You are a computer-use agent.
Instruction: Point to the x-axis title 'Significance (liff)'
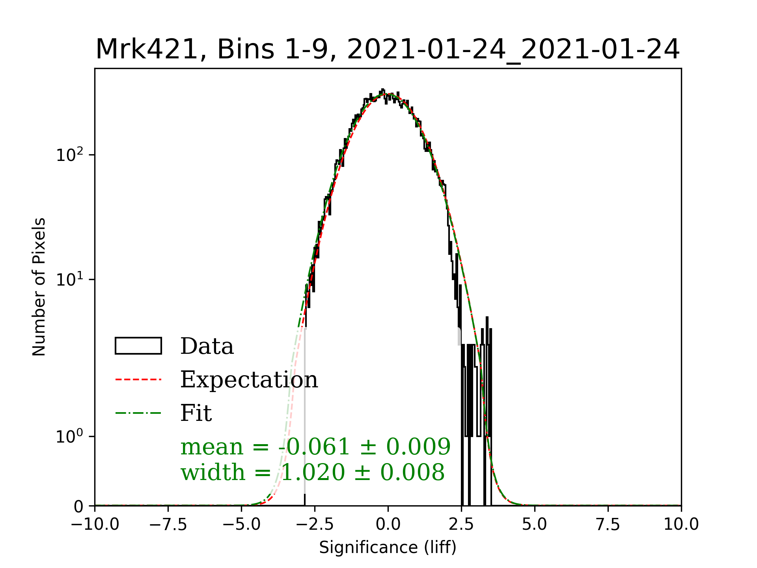(388, 547)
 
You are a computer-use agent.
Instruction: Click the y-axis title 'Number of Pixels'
(39, 287)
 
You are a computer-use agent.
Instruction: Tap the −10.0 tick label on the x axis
(95, 525)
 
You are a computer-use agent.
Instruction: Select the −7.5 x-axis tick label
(168, 525)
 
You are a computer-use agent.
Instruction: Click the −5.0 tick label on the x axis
(241, 525)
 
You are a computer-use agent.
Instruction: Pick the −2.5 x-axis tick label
(315, 525)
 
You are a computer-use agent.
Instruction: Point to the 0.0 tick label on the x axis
(388, 525)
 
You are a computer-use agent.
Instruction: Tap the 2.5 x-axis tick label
(461, 525)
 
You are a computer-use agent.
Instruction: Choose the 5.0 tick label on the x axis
(535, 525)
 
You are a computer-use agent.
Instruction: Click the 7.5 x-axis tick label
(608, 525)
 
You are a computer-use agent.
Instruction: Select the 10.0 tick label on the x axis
(681, 525)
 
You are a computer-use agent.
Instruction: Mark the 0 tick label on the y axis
(79, 506)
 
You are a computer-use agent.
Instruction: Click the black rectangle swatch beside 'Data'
(138, 346)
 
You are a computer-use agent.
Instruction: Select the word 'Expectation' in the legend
(249, 379)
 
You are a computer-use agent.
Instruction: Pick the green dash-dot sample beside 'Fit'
(138, 413)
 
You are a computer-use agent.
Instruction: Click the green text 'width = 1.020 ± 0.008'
(312, 472)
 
